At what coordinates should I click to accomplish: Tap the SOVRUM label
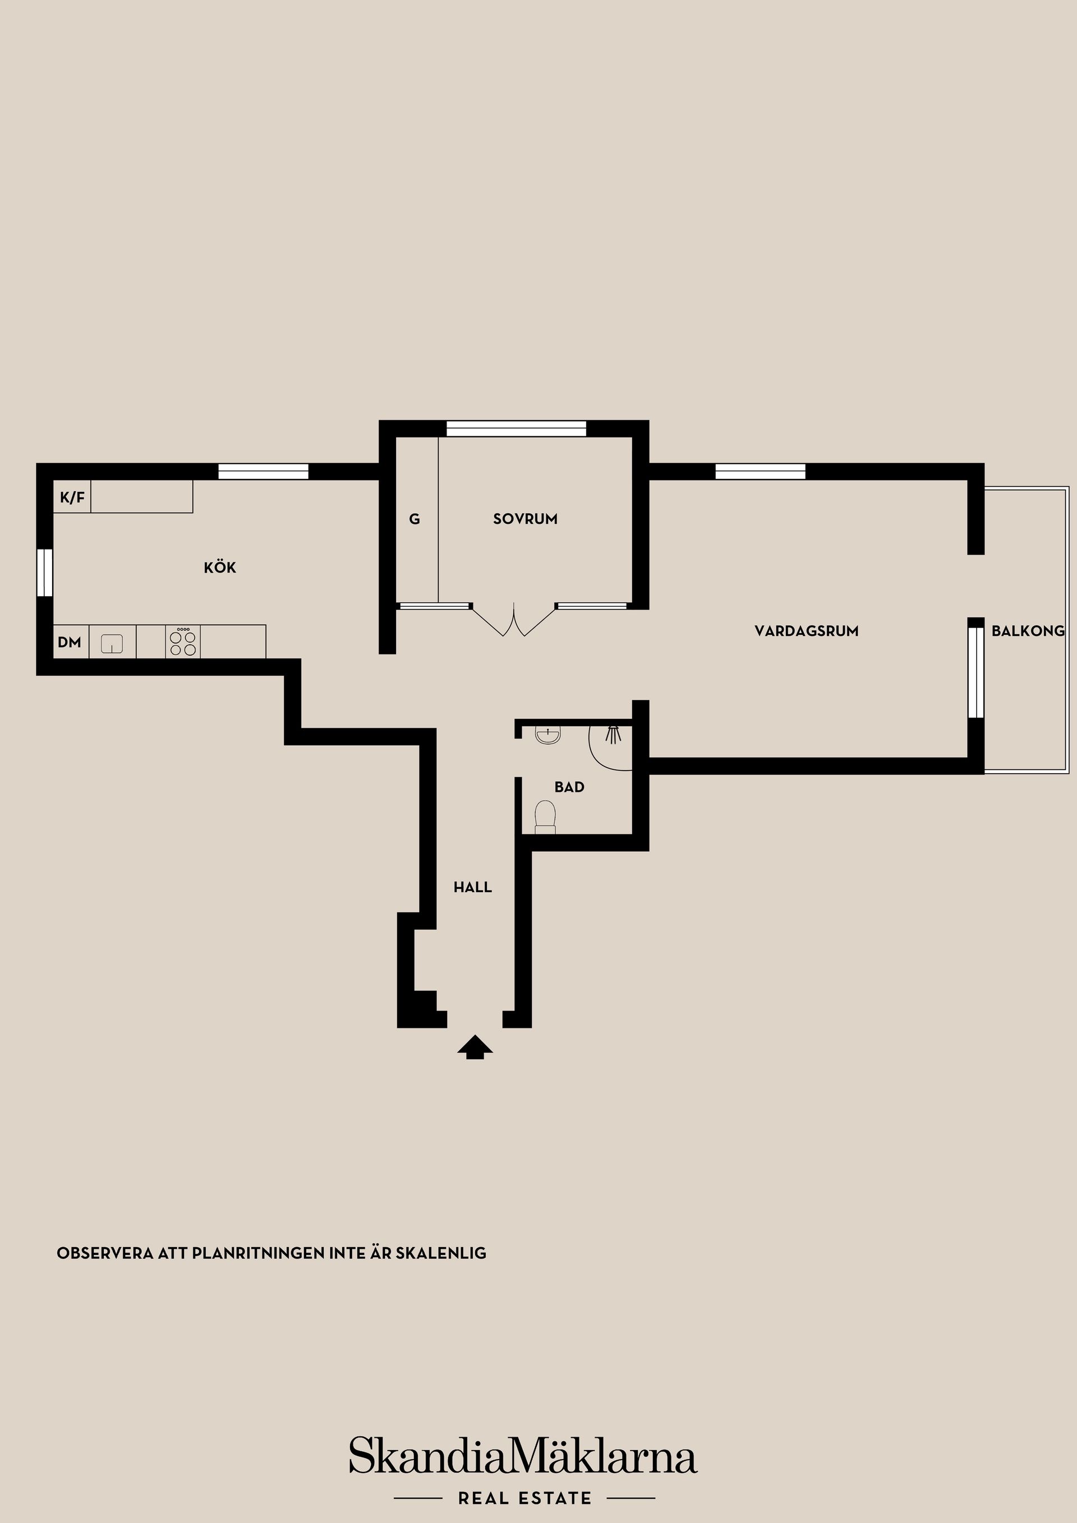[x=525, y=519]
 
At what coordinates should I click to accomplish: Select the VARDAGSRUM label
[x=806, y=631]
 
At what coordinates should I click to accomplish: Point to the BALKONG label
[x=1028, y=631]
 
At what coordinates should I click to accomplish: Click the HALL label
[x=472, y=887]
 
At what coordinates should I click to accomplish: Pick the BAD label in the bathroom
[x=569, y=787]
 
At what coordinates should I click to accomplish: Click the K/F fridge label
[x=72, y=497]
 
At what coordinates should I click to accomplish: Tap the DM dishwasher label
[x=70, y=642]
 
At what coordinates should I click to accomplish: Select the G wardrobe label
[x=414, y=519]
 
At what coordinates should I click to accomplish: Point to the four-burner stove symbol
[x=183, y=642]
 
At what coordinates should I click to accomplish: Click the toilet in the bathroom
[x=545, y=816]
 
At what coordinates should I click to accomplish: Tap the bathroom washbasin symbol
[x=548, y=735]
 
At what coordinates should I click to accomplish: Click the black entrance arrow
[x=475, y=1047]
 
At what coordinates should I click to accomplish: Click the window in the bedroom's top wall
[x=516, y=428]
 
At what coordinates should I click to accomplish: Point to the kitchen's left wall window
[x=44, y=573]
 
